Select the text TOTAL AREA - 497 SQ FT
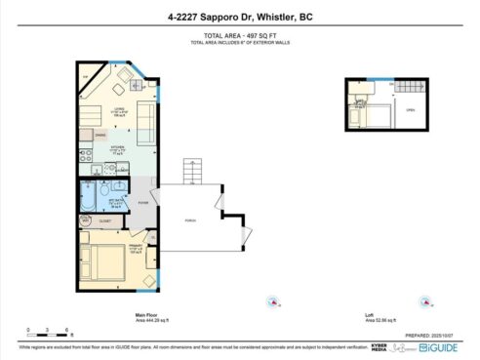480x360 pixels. click(x=239, y=34)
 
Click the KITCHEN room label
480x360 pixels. click(x=116, y=148)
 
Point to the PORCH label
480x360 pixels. click(x=190, y=220)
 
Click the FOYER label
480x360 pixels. click(x=142, y=202)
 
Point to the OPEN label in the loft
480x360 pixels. click(x=411, y=109)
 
